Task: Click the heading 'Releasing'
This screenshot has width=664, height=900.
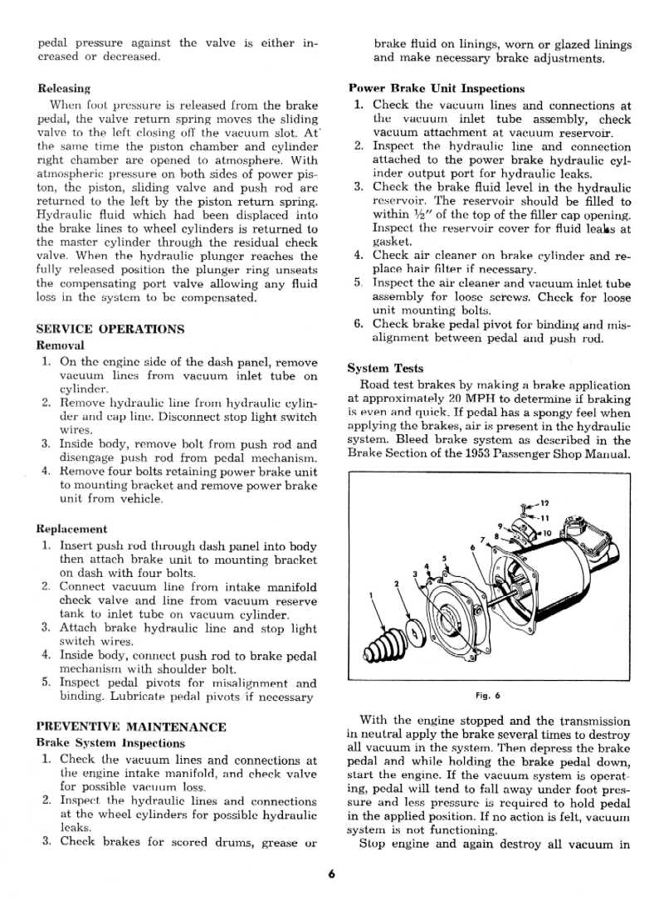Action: [x=64, y=87]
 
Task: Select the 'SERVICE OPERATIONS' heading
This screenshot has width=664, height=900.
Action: [x=110, y=329]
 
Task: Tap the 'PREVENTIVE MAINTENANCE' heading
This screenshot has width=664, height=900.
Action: [x=131, y=727]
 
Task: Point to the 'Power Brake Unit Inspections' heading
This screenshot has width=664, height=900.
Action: [x=437, y=88]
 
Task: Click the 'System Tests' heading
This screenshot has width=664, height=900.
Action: [x=385, y=369]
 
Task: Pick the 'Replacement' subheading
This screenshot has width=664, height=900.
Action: [x=72, y=529]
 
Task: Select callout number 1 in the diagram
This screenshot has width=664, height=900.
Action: [x=370, y=594]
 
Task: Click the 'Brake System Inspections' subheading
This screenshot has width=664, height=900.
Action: [x=110, y=743]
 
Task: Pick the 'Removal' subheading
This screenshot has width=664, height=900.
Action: [x=61, y=345]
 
